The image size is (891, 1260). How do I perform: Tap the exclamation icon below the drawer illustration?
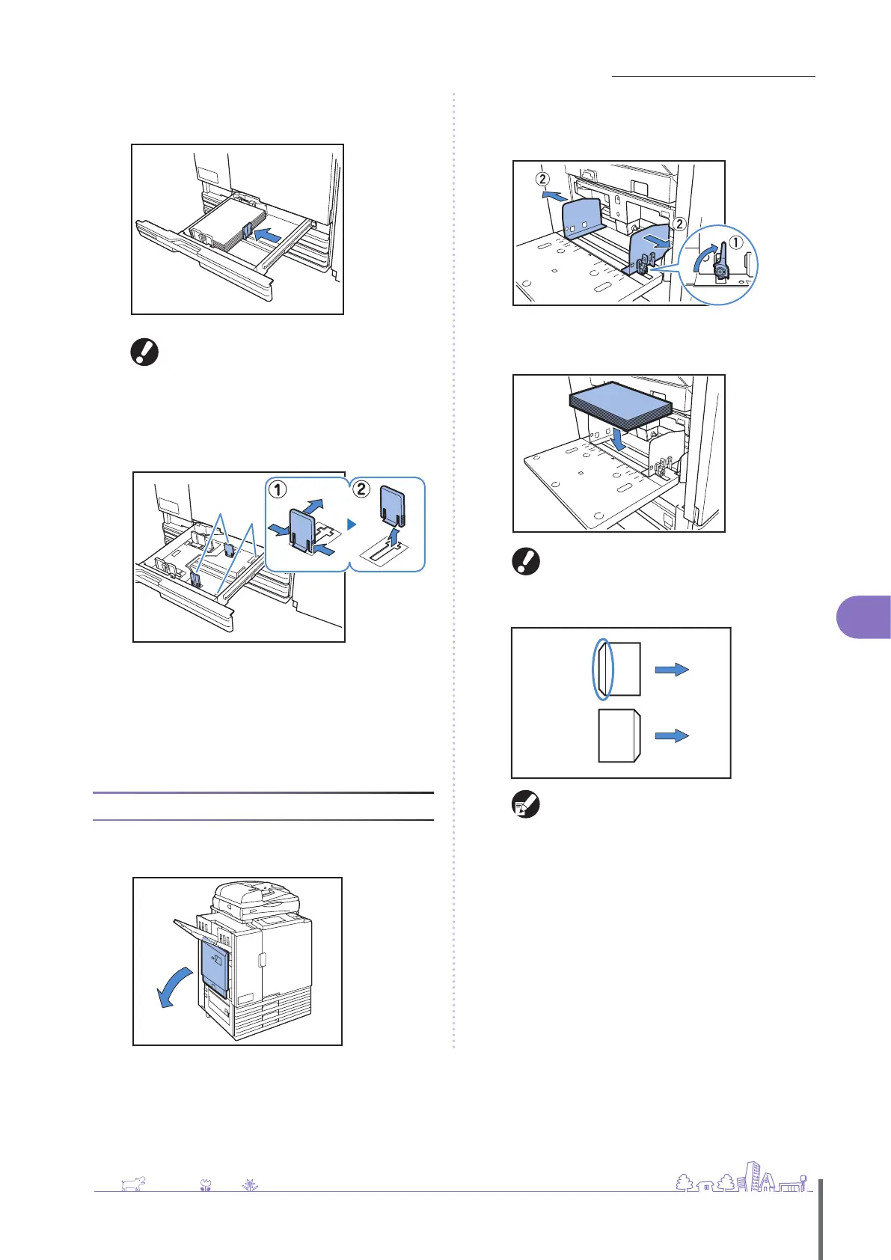144,352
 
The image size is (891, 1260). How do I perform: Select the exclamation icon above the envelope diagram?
525,562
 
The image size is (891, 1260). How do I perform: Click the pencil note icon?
525,805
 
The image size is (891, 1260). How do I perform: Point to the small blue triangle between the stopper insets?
352,525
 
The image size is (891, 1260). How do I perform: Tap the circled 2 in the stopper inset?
361,490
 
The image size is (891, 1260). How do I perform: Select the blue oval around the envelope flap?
603,669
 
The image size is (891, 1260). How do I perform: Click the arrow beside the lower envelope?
672,736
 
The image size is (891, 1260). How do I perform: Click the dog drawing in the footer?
132,1184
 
